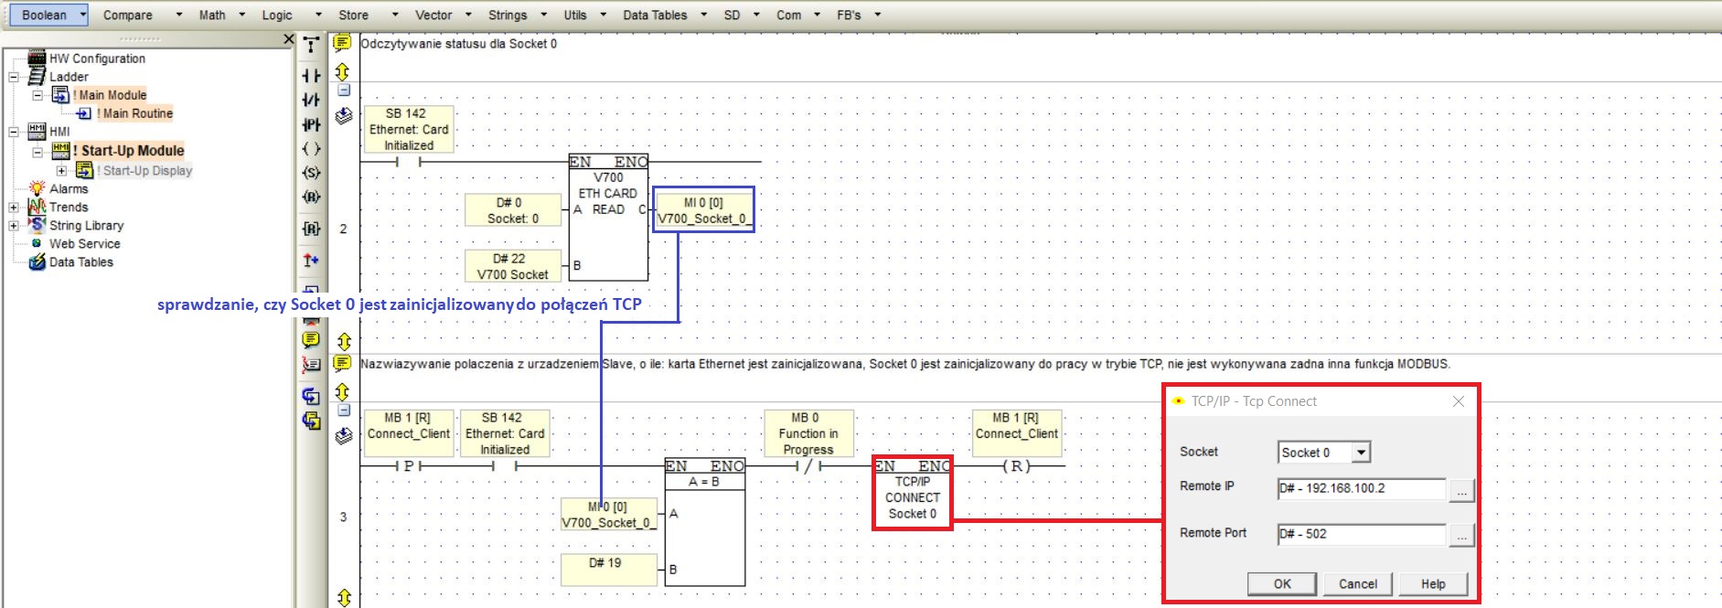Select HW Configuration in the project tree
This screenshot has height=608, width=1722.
pyautogui.click(x=97, y=59)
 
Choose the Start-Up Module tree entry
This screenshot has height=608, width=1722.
pyautogui.click(x=132, y=151)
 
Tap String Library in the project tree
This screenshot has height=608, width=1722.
pyautogui.click(x=86, y=226)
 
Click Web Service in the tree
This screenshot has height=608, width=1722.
pyautogui.click(x=84, y=244)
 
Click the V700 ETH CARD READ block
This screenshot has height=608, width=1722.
pyautogui.click(x=608, y=217)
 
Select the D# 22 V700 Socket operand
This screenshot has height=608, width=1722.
pyautogui.click(x=512, y=266)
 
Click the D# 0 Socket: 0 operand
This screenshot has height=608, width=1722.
pyautogui.click(x=512, y=210)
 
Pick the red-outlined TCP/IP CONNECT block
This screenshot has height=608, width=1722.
pyautogui.click(x=912, y=493)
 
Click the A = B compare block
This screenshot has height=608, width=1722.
pyautogui.click(x=704, y=521)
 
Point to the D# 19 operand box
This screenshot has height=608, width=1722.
pyautogui.click(x=608, y=569)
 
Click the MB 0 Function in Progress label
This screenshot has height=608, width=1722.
pyautogui.click(x=808, y=433)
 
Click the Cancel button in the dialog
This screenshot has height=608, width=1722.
pyautogui.click(x=1357, y=584)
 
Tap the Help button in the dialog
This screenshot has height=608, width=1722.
pyautogui.click(x=1433, y=584)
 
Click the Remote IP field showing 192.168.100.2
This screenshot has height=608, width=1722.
pyautogui.click(x=1361, y=488)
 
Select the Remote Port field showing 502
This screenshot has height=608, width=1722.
pyautogui.click(x=1361, y=534)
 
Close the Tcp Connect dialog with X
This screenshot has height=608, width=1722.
pyautogui.click(x=1459, y=401)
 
